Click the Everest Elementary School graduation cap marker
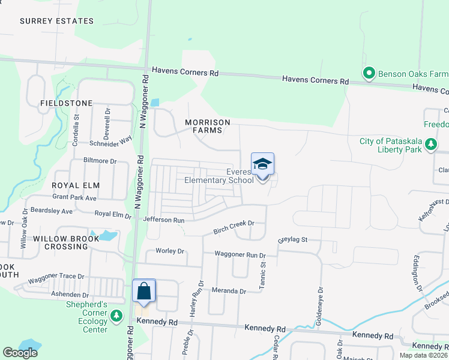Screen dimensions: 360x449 (x=262, y=164)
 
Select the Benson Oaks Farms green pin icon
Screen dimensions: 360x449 (x=369, y=74)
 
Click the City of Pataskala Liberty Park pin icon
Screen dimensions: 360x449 (x=430, y=144)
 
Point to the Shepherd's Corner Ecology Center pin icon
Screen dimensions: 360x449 (x=118, y=316)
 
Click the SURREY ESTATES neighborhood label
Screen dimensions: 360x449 (x=56, y=21)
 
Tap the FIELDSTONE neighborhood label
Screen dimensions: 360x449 (x=66, y=103)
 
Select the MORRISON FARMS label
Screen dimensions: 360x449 (x=208, y=126)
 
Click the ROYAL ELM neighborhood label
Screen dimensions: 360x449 (x=75, y=185)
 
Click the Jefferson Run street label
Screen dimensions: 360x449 (x=163, y=220)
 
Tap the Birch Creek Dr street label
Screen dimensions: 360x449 (x=234, y=227)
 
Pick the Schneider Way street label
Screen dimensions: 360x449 (x=112, y=140)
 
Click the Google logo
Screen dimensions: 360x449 (x=20, y=353)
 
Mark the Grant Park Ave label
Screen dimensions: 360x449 (x=74, y=197)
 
